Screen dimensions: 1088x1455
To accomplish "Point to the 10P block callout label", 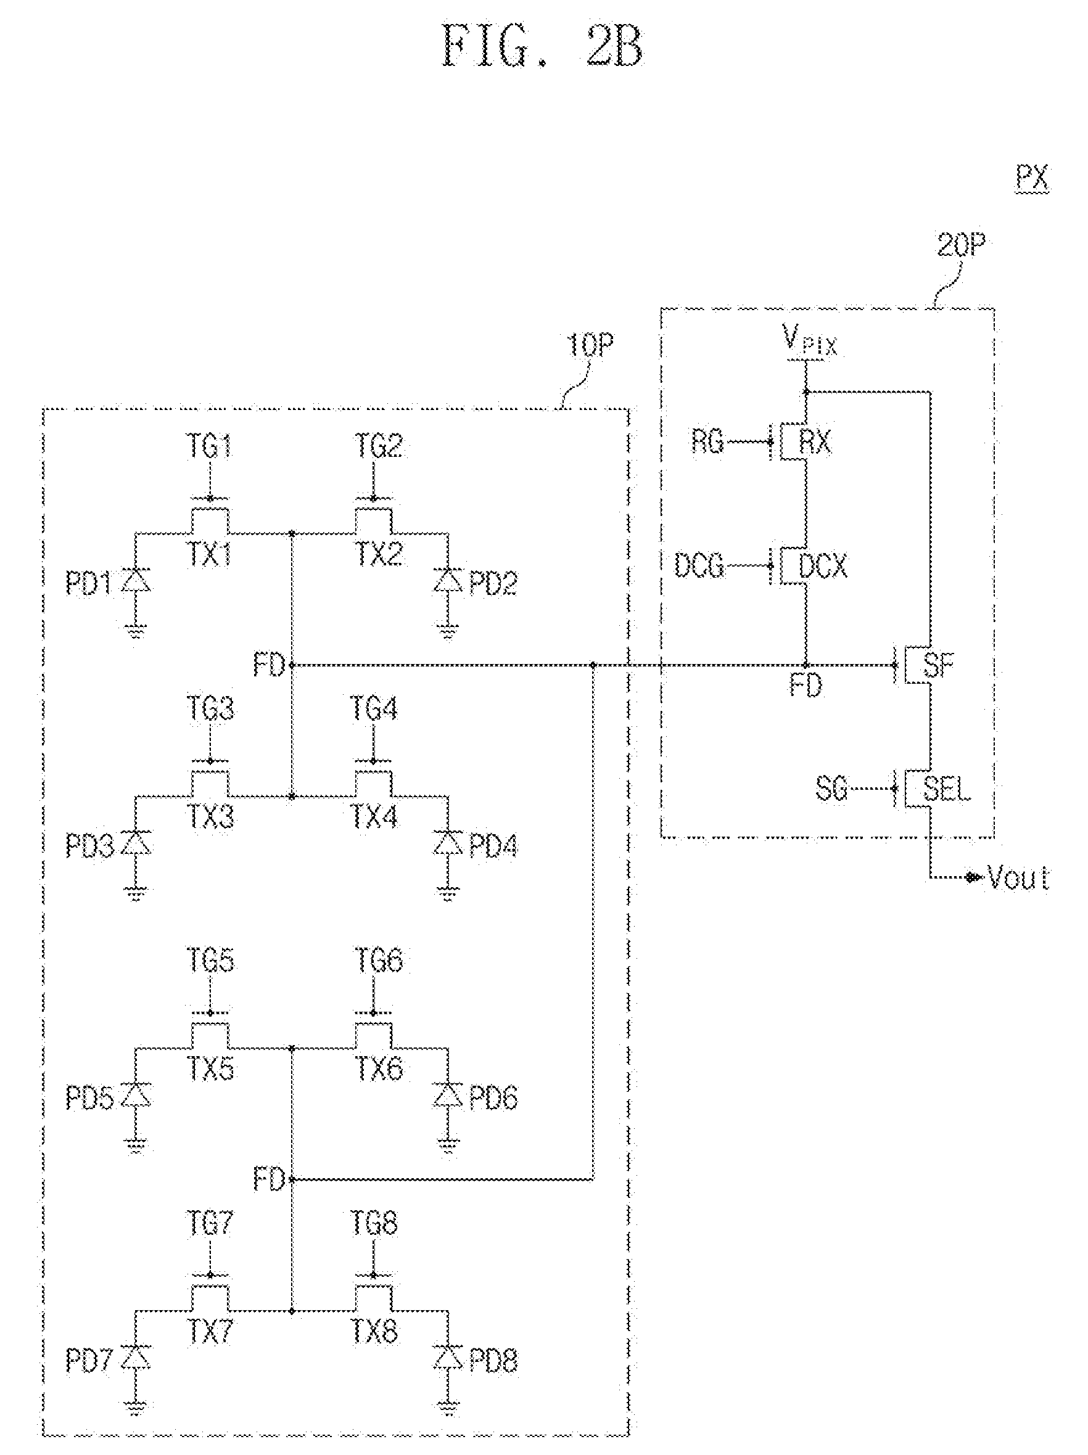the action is pos(590,345).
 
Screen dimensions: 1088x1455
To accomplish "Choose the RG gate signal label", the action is pos(707,441).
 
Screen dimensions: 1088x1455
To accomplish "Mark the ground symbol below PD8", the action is pos(448,1408).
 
